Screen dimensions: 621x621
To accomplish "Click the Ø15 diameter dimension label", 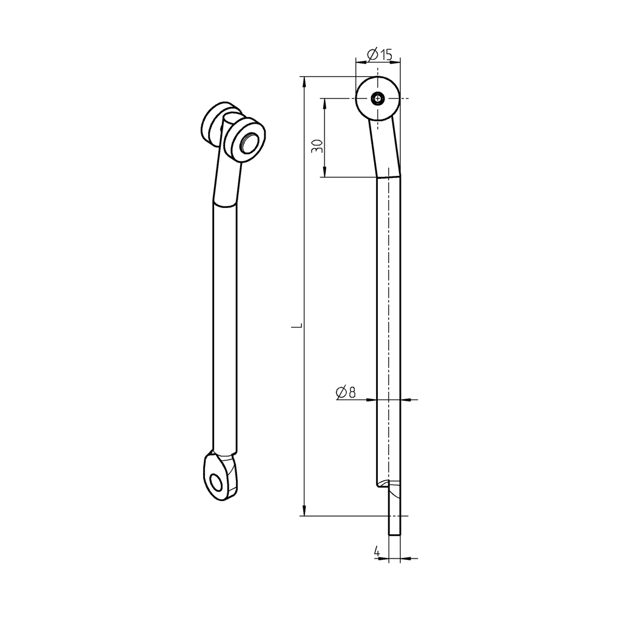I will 380,55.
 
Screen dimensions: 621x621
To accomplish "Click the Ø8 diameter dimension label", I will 345,392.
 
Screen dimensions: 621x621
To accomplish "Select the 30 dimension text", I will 317,146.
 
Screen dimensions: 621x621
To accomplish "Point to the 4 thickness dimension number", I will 377,552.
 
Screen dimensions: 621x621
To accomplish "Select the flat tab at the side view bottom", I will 394,512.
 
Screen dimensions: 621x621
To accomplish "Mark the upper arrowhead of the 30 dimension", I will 324,102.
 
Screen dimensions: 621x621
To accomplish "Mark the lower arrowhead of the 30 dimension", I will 324,173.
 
